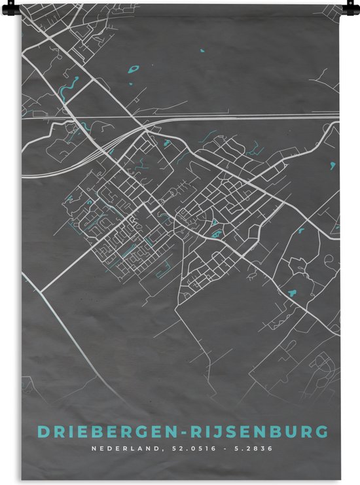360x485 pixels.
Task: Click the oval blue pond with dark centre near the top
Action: click(135, 67)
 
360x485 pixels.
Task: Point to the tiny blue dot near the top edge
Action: click(202, 50)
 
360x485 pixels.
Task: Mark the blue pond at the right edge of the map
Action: click(334, 164)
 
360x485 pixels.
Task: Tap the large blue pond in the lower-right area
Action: click(292, 293)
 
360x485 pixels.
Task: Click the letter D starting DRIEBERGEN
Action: click(43, 432)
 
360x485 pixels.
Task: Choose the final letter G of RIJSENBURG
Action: click(323, 432)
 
